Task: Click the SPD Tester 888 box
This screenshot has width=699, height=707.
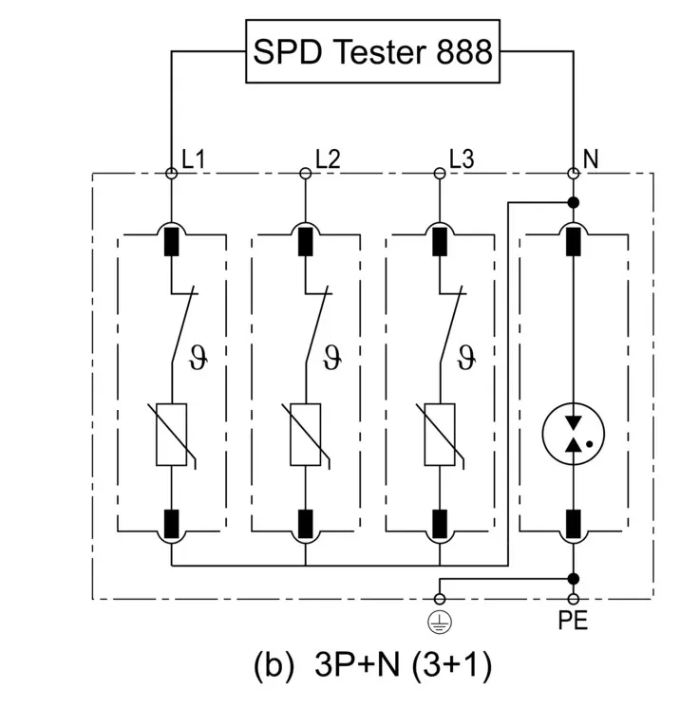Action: point(372,51)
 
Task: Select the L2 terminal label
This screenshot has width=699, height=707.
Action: point(328,159)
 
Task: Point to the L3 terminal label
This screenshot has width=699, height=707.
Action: point(462,159)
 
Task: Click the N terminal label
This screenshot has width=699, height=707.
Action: point(591,159)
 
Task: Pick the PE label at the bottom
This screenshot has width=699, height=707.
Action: point(574,623)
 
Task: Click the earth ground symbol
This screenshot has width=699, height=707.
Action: point(440,620)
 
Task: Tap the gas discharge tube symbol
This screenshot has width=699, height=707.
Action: point(574,432)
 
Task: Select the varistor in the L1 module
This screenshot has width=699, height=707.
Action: point(172,436)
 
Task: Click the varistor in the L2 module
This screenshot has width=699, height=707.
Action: point(306,436)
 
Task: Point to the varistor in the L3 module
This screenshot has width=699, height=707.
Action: point(440,436)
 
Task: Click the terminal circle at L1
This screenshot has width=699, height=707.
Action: point(172,173)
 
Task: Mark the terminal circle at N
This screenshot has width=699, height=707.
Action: point(574,173)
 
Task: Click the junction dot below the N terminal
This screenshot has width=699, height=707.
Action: point(574,202)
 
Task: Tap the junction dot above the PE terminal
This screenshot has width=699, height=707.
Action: point(574,578)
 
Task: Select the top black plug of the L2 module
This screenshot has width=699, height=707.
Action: point(306,242)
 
